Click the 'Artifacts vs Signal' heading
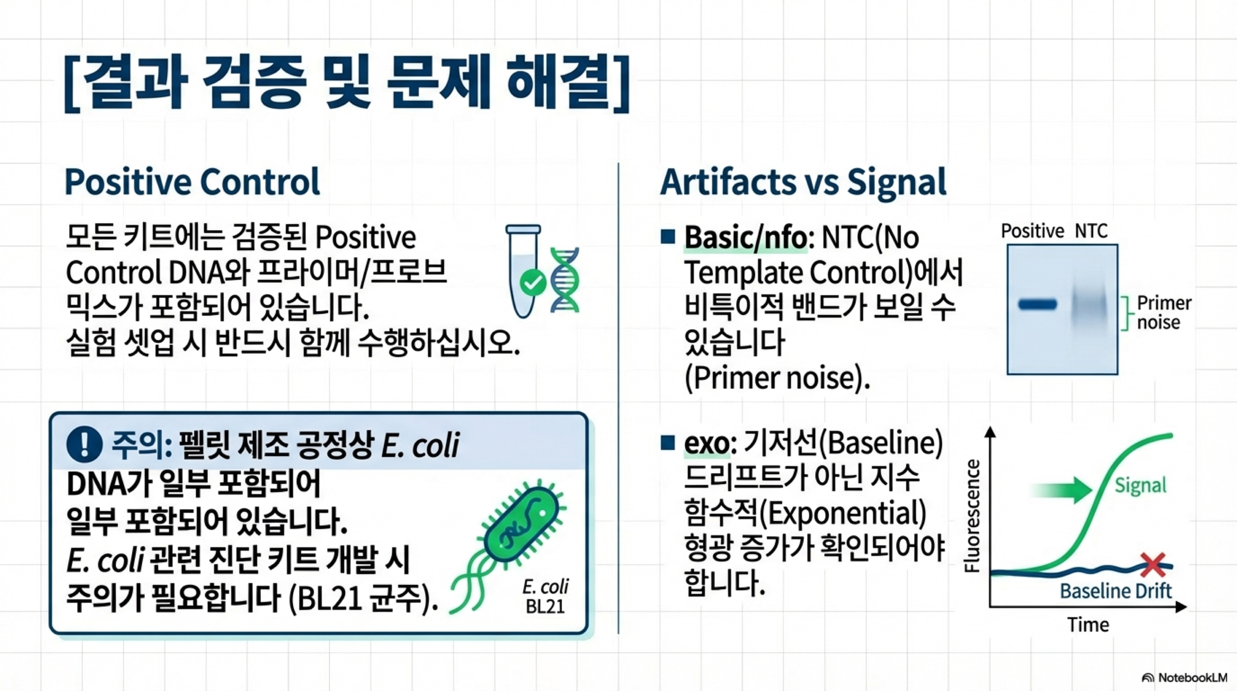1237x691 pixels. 803,183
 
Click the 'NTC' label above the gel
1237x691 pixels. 1091,232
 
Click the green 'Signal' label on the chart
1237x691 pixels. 1141,485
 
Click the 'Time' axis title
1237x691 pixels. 1088,625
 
